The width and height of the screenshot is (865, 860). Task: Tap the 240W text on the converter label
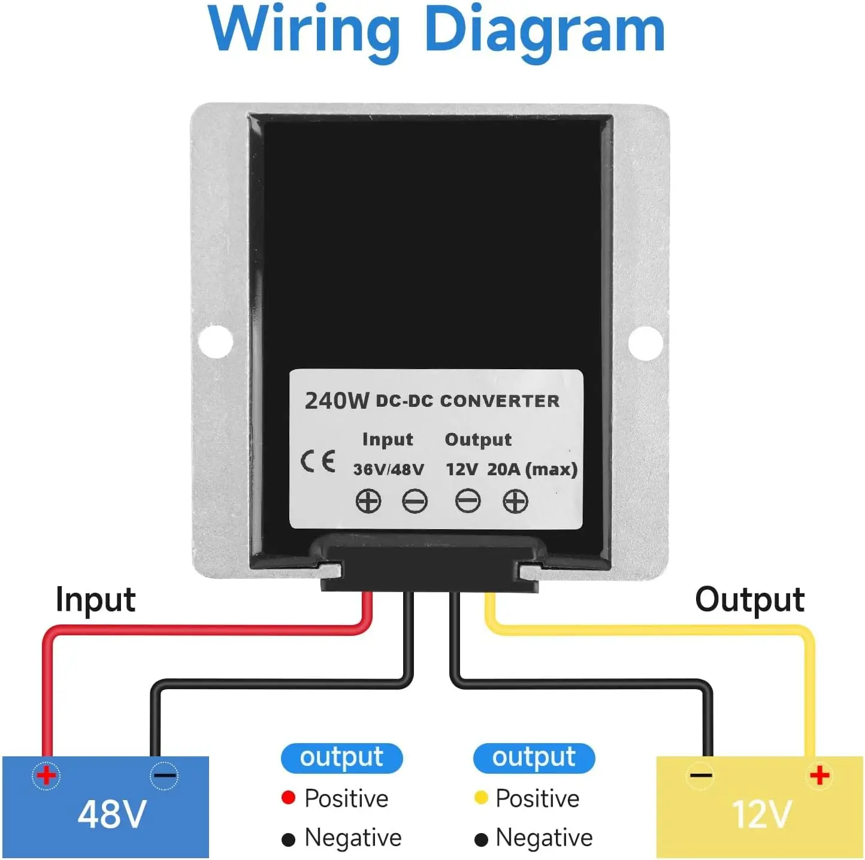pos(337,401)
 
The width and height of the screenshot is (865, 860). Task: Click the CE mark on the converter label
pos(318,461)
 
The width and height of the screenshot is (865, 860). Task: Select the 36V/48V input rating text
pos(389,469)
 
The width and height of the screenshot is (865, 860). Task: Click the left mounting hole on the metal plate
pos(216,342)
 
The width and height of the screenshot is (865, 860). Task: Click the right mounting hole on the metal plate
pos(646,343)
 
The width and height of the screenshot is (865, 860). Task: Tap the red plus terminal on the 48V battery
pos(46,775)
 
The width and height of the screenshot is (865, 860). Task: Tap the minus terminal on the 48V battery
pos(164,775)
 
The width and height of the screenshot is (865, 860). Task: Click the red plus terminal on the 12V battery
pos(819,775)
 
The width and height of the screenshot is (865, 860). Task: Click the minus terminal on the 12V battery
pos(700,775)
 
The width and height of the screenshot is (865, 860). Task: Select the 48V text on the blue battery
pos(112,814)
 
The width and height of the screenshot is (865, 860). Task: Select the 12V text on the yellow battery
pos(762,814)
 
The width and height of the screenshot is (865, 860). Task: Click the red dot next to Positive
pos(288,798)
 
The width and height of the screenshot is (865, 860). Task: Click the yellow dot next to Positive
pos(481,798)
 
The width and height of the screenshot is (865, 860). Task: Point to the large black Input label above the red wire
pos(96,600)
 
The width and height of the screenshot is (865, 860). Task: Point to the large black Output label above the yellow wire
pos(749,600)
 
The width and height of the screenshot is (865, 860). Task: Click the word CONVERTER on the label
pos(500,401)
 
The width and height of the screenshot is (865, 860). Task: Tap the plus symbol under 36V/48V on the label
pos(368,501)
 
